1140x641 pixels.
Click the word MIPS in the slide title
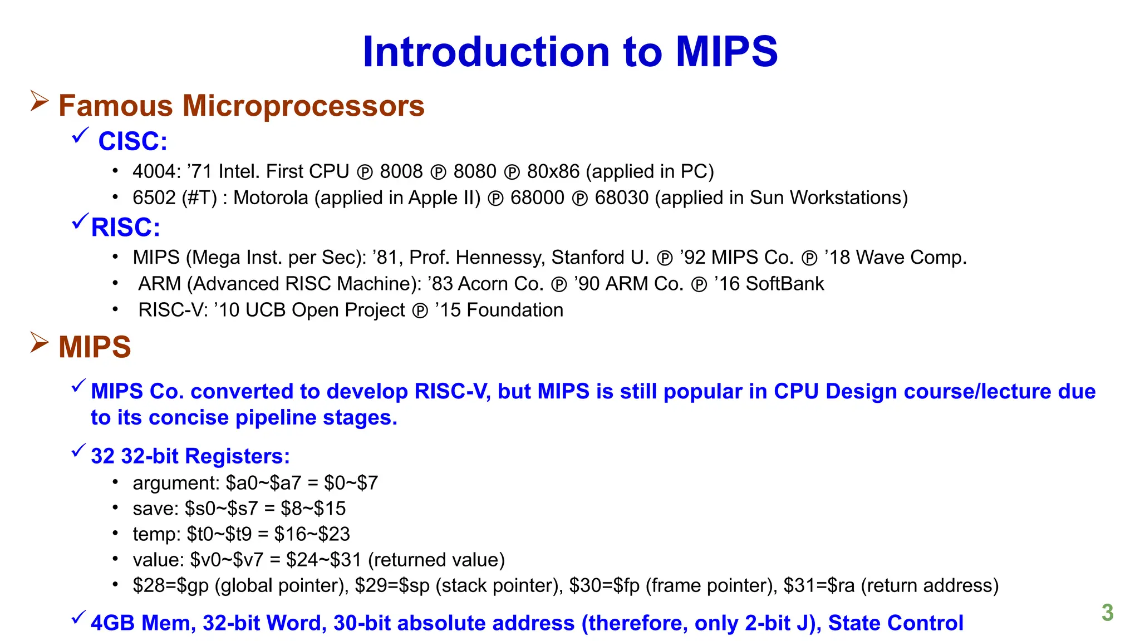[726, 52]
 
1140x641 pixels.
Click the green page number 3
[1107, 613]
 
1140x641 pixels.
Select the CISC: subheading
[132, 141]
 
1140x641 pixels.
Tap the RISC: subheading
[126, 228]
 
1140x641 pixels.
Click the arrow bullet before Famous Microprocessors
[39, 101]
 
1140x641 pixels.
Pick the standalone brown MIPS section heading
[95, 347]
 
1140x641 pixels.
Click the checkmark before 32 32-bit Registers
[78, 450]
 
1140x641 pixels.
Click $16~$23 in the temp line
[312, 534]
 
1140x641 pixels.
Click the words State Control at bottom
[895, 623]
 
